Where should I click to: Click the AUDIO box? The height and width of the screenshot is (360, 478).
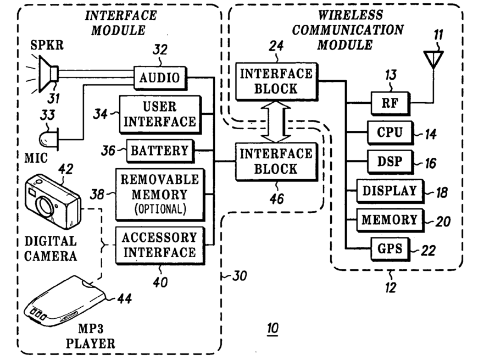tap(160, 77)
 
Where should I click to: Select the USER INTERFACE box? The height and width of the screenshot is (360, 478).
tap(160, 115)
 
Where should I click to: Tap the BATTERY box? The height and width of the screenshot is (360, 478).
tap(160, 151)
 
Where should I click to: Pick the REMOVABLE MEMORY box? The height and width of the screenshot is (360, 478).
tap(160, 195)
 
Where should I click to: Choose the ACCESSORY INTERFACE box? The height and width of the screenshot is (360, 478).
tap(160, 245)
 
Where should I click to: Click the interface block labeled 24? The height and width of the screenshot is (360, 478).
tap(276, 81)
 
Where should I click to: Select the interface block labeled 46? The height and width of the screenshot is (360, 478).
tap(276, 162)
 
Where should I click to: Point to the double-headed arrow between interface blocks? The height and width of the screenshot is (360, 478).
tap(276, 121)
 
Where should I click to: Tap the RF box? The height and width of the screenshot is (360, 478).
tap(390, 103)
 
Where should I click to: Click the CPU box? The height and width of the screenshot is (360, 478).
tap(390, 132)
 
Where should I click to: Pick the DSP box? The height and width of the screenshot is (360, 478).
tap(390, 162)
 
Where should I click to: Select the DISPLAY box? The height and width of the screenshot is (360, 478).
tap(390, 191)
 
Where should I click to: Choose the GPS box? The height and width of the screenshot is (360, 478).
tap(390, 250)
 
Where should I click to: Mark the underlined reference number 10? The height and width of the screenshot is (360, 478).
tap(273, 328)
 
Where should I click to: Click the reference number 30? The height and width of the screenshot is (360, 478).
tap(240, 276)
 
